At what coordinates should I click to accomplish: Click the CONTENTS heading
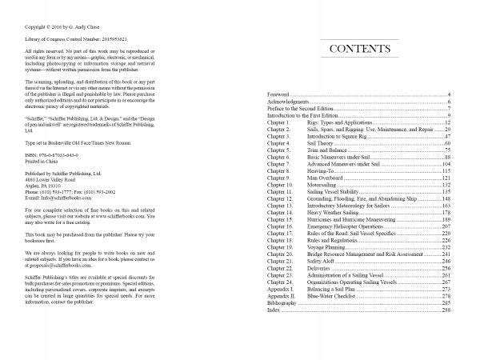359,50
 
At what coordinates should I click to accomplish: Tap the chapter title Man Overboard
328,177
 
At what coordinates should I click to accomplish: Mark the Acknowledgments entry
289,102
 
